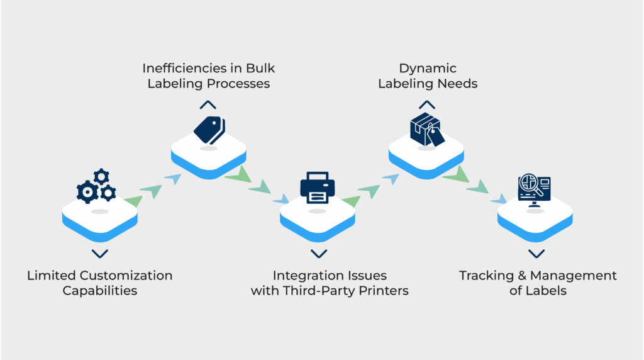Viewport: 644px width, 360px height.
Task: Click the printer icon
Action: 318,188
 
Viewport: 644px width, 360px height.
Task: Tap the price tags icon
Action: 209,130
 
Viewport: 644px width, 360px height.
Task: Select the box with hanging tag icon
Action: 427,130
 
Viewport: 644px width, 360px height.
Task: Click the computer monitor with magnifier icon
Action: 534,190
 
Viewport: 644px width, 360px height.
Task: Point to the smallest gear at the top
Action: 101,177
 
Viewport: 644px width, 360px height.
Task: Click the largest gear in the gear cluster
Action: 87,192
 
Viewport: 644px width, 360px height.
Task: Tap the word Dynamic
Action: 428,68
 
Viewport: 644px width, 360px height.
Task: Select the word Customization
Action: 126,275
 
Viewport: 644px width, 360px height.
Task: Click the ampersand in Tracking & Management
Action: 522,276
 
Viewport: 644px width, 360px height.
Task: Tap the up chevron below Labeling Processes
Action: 208,105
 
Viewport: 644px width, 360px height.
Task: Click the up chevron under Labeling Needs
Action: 427,105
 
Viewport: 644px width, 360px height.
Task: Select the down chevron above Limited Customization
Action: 100,254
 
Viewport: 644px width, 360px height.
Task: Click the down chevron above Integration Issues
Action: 319,254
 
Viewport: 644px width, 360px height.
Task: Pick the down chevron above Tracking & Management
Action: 536,254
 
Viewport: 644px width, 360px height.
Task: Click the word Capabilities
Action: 100,291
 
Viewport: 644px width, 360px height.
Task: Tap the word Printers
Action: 383,291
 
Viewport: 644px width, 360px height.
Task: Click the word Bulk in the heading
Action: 260,68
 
